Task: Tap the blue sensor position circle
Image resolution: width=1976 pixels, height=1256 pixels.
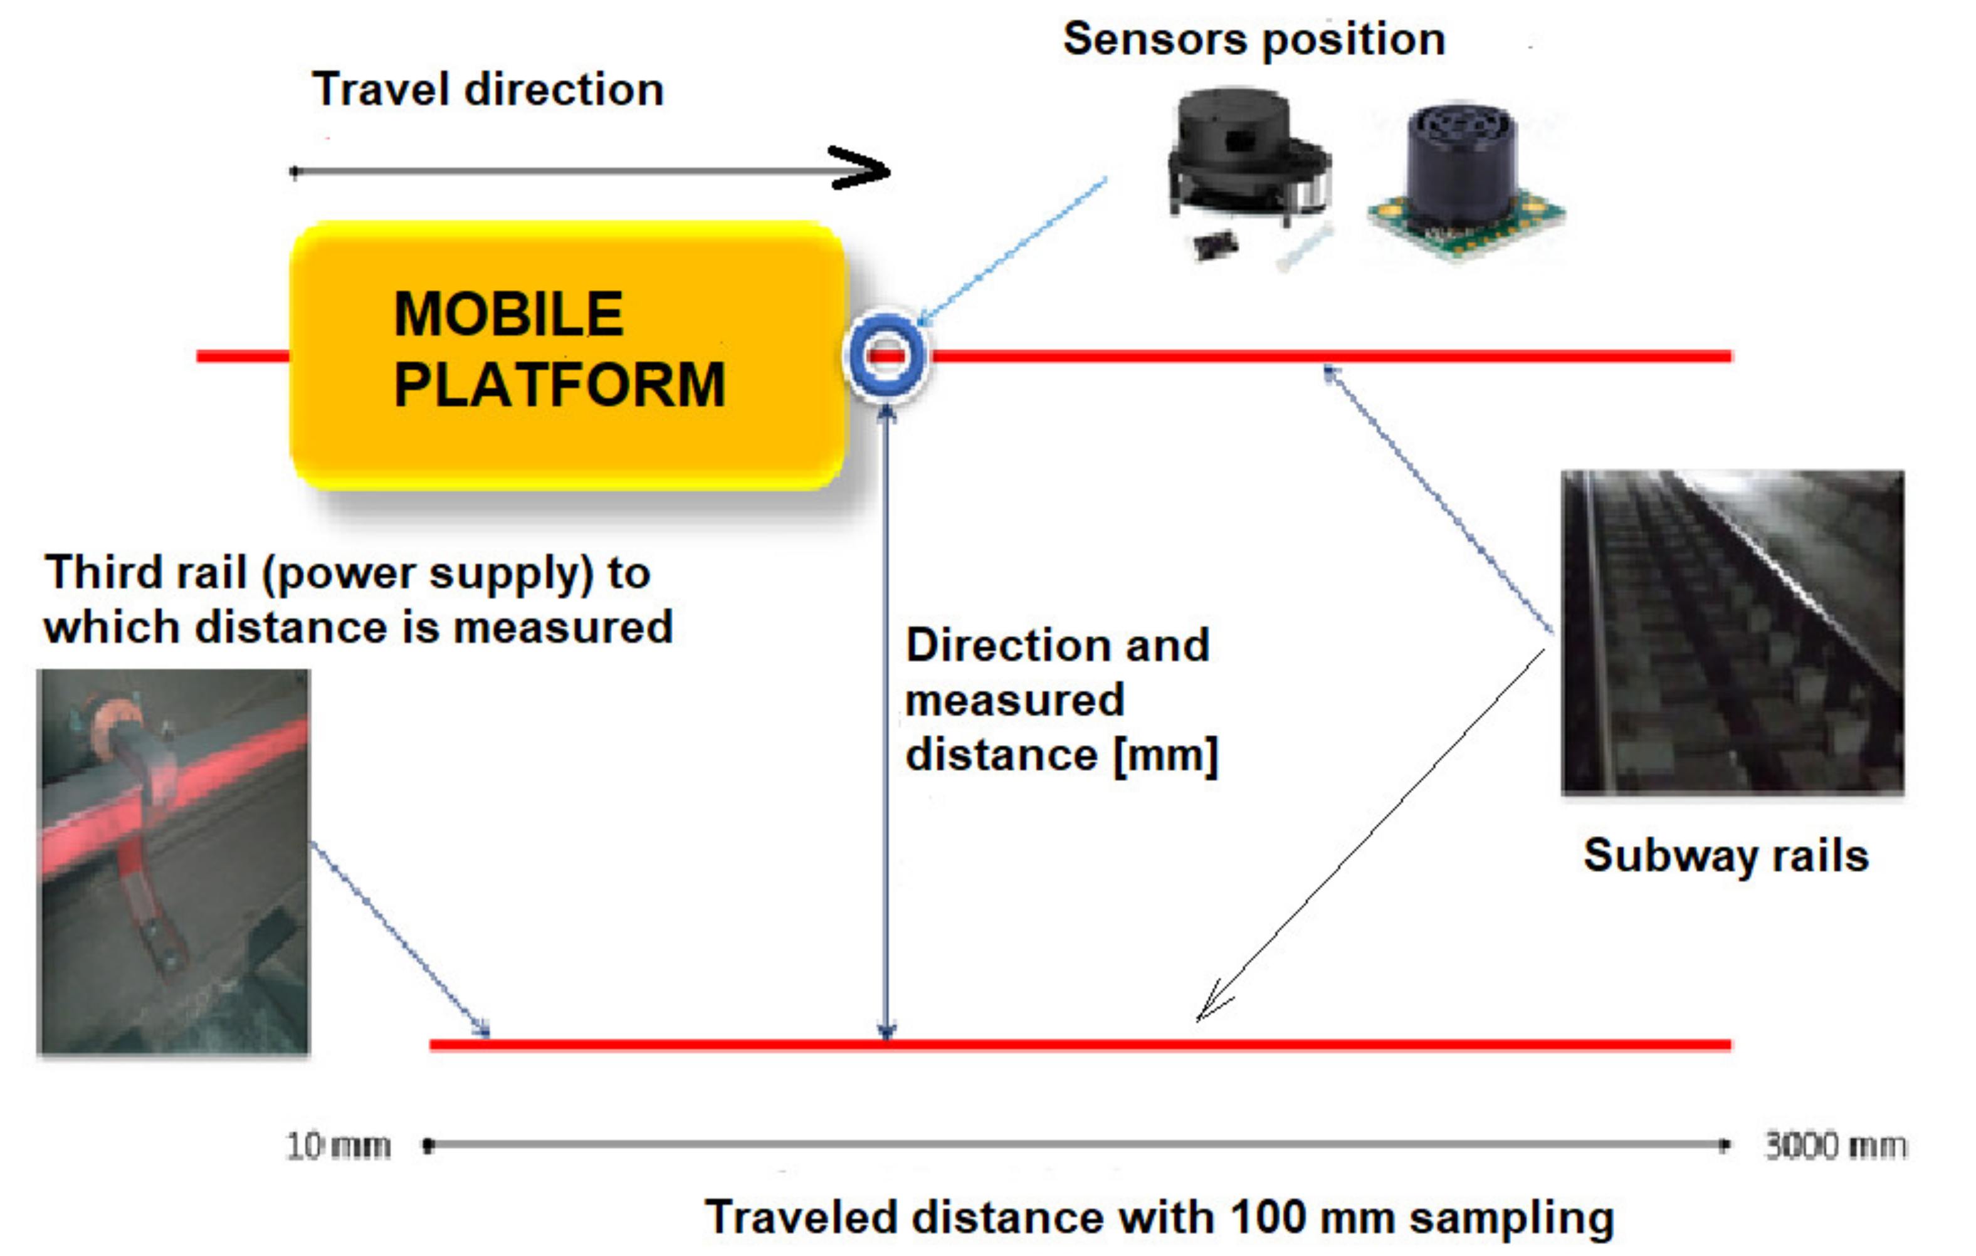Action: (886, 356)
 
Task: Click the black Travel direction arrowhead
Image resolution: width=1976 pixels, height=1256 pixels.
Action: (861, 169)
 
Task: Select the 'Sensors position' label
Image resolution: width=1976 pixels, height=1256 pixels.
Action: (1253, 39)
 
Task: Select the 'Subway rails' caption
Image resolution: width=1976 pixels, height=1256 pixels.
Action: (1726, 856)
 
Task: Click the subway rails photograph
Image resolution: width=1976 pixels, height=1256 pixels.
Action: (1732, 632)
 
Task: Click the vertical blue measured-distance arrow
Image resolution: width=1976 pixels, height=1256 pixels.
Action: (885, 722)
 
